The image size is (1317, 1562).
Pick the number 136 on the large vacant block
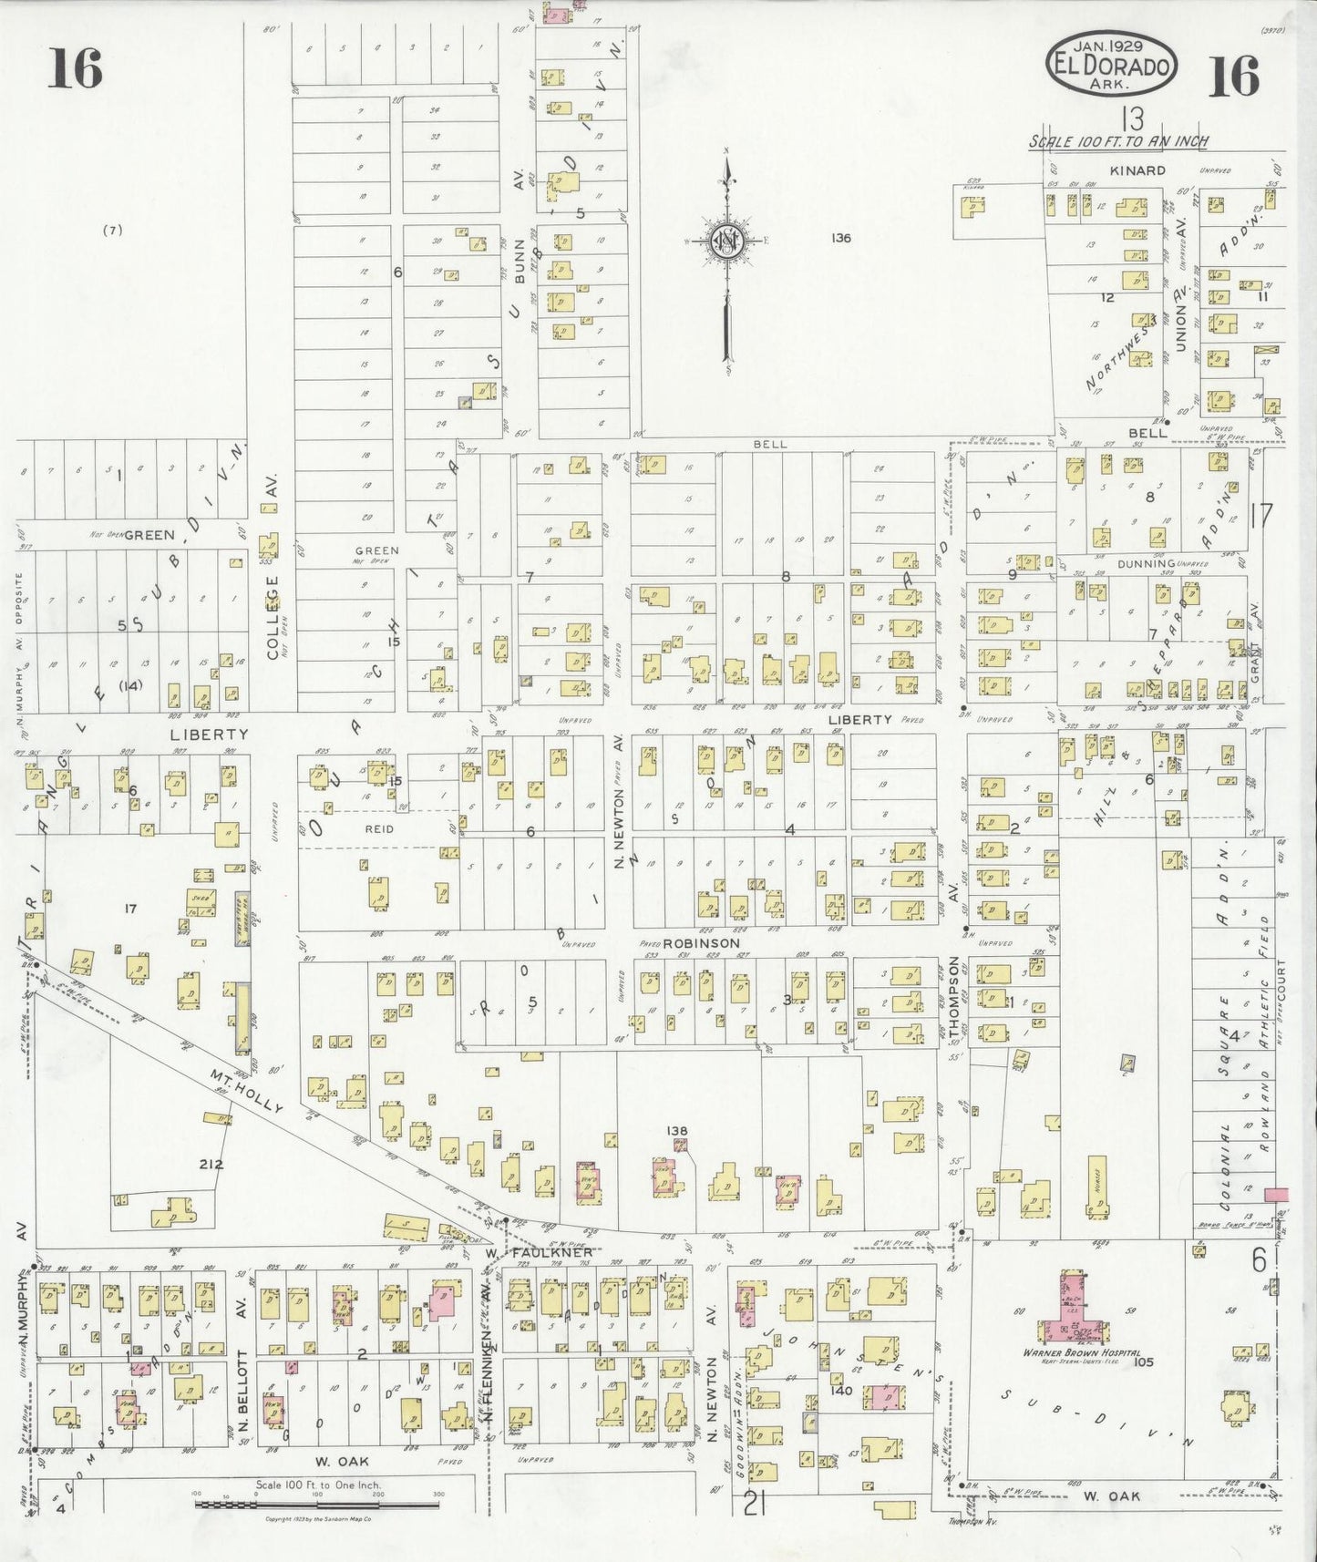click(x=840, y=238)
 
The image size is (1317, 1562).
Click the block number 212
click(x=211, y=1164)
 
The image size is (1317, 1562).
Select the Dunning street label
click(x=1150, y=564)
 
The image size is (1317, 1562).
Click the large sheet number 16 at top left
click(x=76, y=68)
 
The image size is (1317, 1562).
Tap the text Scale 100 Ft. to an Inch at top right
click(x=1118, y=142)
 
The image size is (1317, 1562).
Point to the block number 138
click(x=676, y=1131)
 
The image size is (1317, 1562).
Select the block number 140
click(x=841, y=1391)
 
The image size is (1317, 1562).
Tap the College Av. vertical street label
click(x=271, y=616)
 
